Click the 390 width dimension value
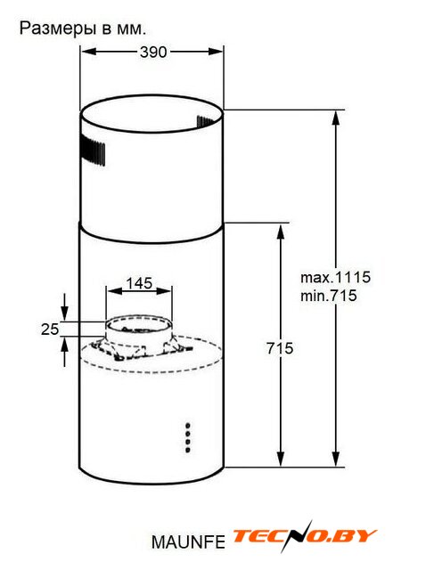(153, 52)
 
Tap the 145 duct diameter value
(139, 283)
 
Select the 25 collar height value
(50, 330)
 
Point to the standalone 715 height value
(280, 348)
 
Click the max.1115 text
(335, 277)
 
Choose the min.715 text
(328, 296)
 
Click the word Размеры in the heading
(58, 29)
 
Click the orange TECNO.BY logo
(304, 536)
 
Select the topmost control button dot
(188, 426)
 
